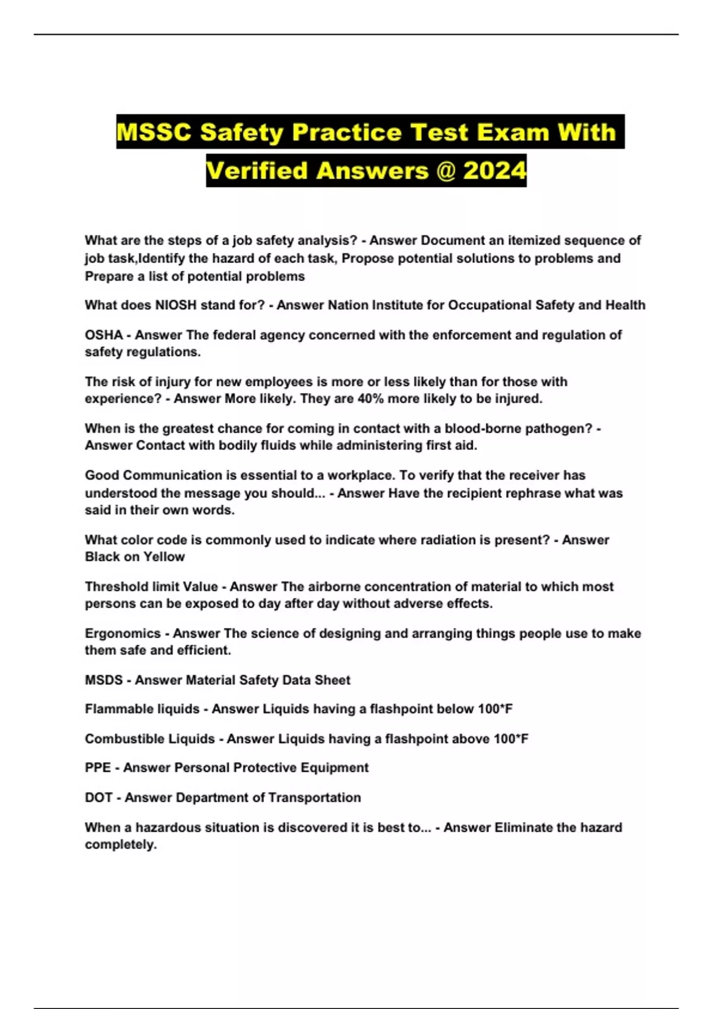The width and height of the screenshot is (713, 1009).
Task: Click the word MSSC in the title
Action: click(154, 132)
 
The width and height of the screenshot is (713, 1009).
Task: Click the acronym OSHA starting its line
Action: click(103, 335)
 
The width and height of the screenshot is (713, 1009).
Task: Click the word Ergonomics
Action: click(122, 633)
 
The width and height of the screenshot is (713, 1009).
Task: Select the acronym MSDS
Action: click(103, 680)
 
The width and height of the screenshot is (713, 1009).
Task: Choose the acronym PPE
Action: click(97, 768)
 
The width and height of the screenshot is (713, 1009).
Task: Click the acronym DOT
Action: click(99, 798)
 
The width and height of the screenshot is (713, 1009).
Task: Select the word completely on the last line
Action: click(120, 845)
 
